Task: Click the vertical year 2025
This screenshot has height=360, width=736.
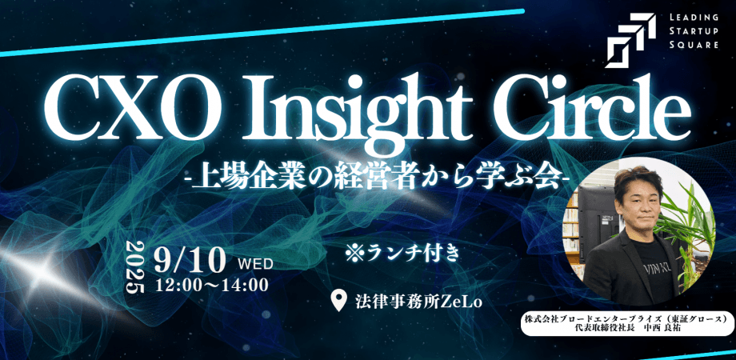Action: [x=136, y=267]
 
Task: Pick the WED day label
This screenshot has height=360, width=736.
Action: [x=256, y=262]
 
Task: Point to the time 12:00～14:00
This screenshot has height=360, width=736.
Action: [x=212, y=283]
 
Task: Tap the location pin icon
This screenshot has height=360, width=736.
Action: [x=339, y=301]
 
